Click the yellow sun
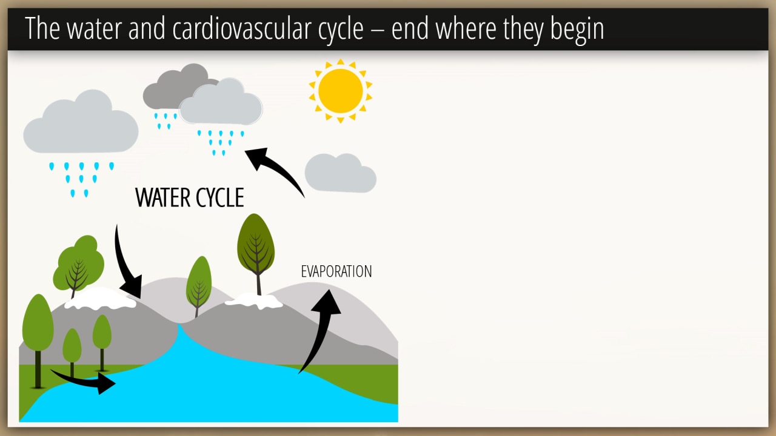[x=341, y=91]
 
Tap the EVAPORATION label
[x=336, y=272]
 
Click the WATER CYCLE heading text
[x=190, y=197]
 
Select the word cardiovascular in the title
[x=268, y=28]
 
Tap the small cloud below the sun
[x=341, y=173]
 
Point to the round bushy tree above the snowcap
[x=79, y=265]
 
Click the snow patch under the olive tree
[x=254, y=300]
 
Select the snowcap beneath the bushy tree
[x=101, y=299]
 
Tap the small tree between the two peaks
[x=199, y=286]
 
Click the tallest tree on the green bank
[x=38, y=341]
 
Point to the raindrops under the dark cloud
[x=166, y=121]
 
